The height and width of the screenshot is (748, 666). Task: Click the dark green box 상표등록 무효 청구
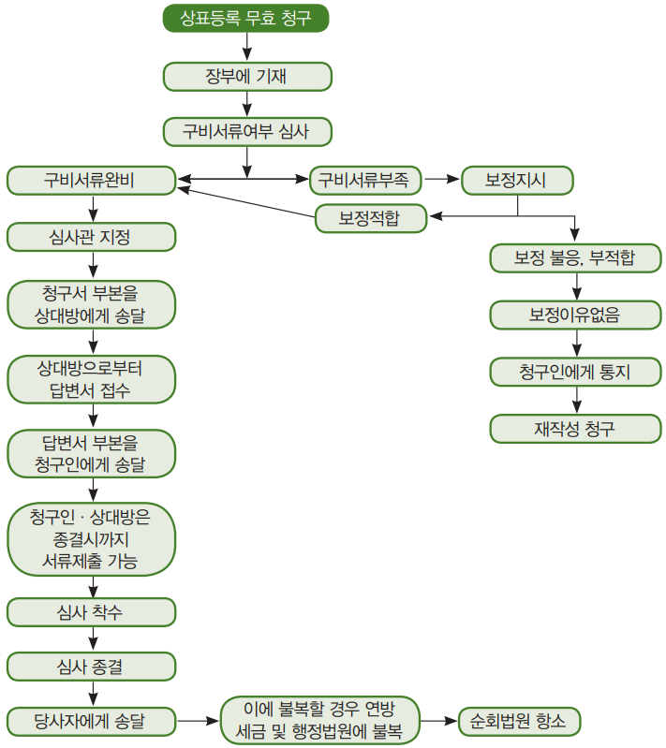click(246, 18)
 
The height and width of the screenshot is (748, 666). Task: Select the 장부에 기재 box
click(246, 76)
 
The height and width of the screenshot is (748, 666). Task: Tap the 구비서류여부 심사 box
click(246, 132)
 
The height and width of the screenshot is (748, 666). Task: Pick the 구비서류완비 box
click(91, 180)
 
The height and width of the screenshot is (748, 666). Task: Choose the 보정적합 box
click(370, 219)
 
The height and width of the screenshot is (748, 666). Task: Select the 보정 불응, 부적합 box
click(574, 257)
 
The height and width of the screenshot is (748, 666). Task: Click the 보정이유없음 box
click(574, 315)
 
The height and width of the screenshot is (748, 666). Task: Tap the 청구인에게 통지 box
click(574, 372)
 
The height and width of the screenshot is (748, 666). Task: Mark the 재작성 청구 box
click(574, 429)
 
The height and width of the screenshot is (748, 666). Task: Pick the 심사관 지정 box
click(91, 237)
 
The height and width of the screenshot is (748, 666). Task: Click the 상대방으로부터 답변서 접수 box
click(91, 378)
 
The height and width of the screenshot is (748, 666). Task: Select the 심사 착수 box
click(91, 611)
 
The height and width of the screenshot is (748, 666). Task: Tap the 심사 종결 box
click(91, 667)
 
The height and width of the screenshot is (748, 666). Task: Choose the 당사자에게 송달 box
click(91, 722)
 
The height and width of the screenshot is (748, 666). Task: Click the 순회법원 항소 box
click(519, 722)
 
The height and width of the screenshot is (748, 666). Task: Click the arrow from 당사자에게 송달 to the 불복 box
click(198, 722)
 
